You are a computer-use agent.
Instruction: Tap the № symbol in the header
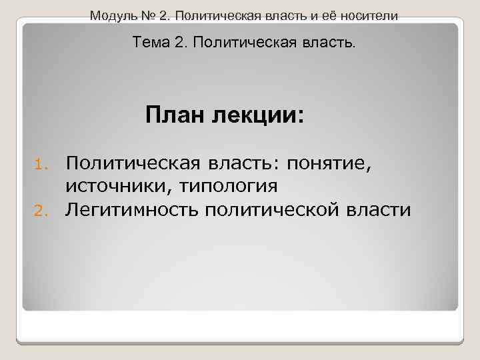(141, 14)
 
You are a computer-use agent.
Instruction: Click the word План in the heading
(171, 115)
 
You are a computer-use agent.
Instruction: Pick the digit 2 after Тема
(179, 43)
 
